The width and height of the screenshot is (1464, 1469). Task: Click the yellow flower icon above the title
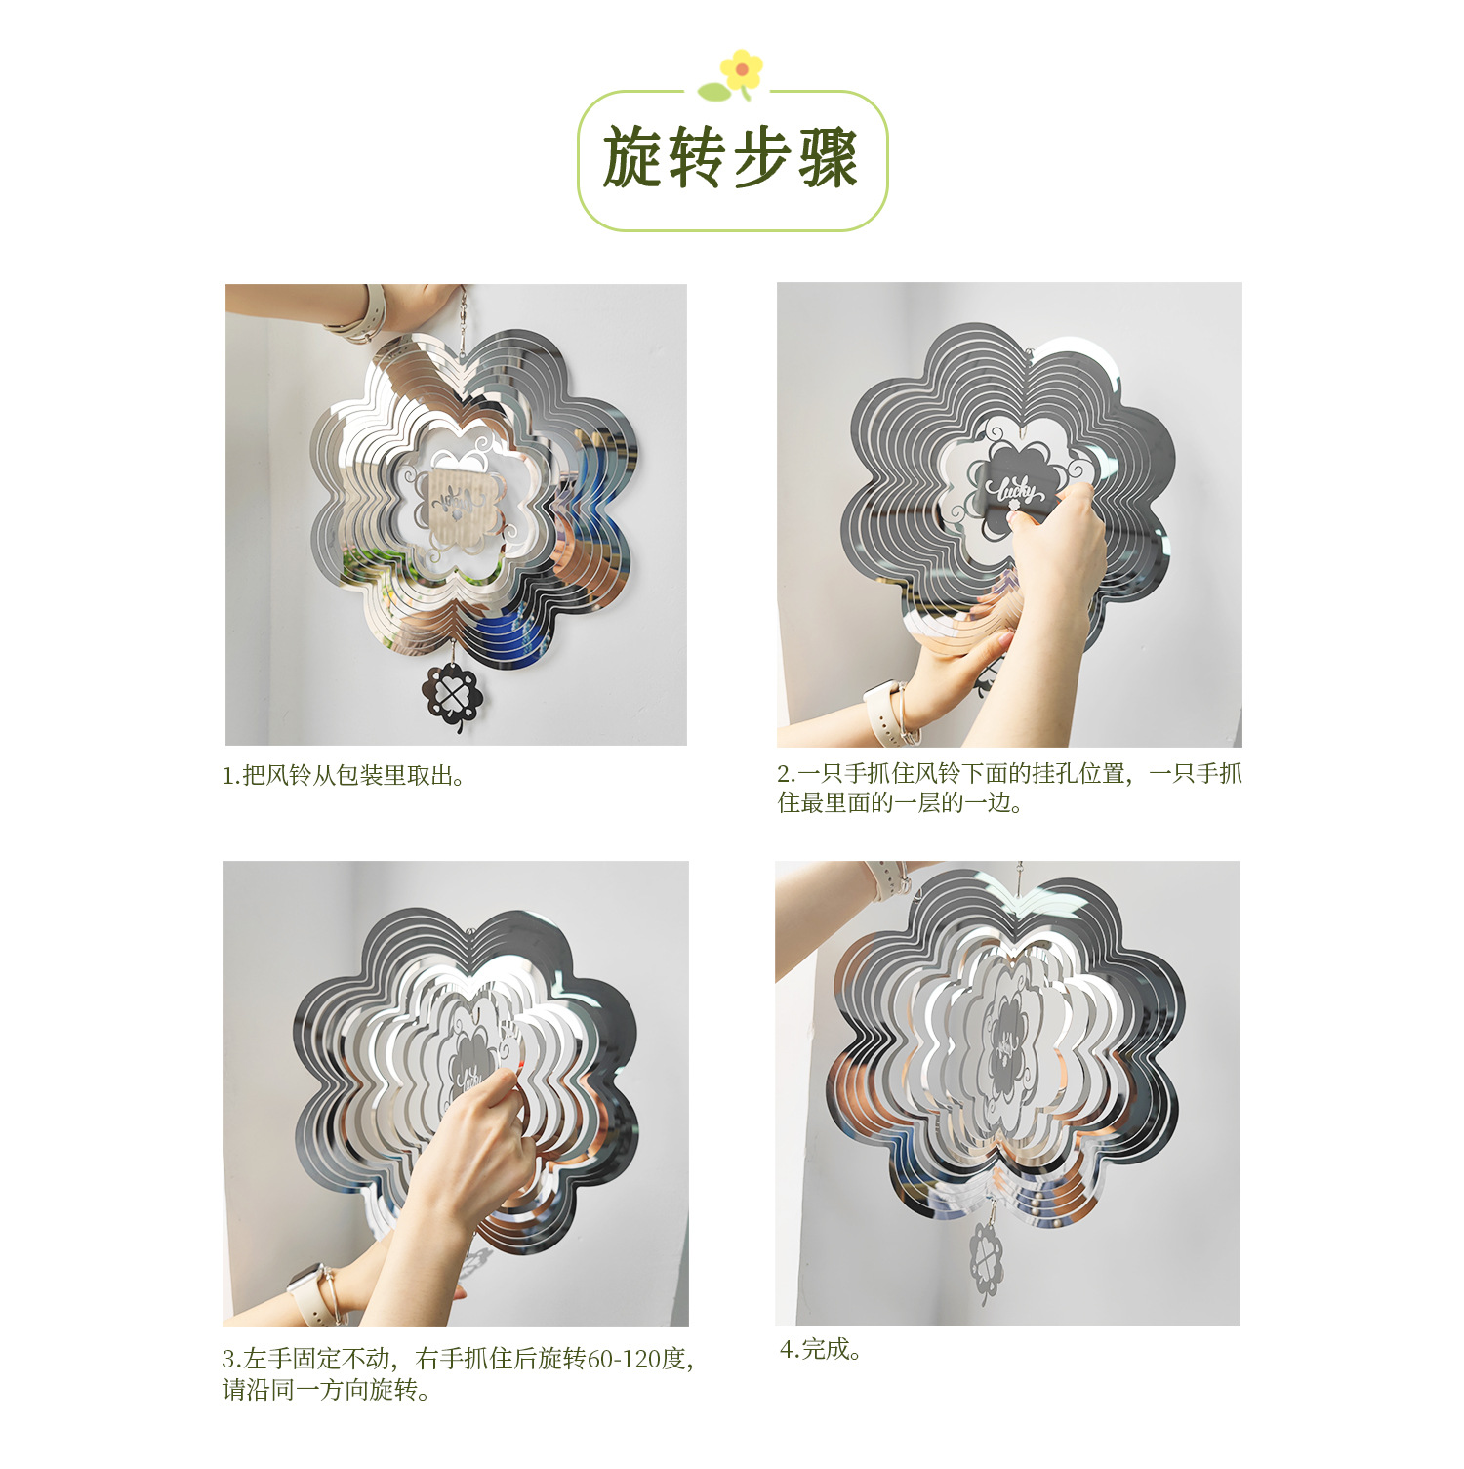tap(742, 69)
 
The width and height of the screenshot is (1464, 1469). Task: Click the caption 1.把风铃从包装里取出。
tap(343, 776)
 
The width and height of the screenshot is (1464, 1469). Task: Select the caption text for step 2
tap(1009, 789)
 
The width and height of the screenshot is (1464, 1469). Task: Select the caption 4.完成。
tap(820, 1350)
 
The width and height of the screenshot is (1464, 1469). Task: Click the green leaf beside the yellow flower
tap(713, 92)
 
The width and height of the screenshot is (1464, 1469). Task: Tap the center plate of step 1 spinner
tap(459, 503)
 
